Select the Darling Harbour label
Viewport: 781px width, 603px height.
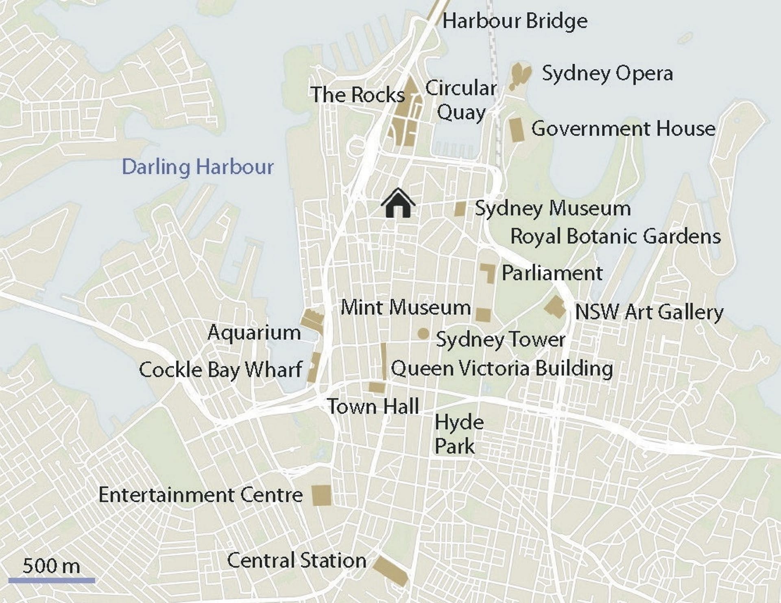[198, 167]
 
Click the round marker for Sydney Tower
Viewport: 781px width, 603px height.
[423, 334]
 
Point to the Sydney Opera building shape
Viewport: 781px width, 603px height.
[520, 76]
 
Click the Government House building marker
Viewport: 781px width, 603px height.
[517, 130]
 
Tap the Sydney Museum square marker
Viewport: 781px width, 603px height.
[460, 209]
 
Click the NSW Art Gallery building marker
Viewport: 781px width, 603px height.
[555, 307]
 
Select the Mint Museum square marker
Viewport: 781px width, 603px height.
[483, 315]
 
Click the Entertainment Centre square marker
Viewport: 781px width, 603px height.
[321, 495]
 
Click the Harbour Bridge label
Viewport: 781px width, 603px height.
[515, 21]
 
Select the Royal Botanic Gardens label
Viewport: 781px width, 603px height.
[615, 237]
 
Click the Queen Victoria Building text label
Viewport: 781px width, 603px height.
[502, 368]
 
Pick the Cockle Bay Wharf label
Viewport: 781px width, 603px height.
[220, 370]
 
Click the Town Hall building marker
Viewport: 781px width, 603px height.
[377, 387]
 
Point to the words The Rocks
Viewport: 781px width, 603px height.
[357, 95]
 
